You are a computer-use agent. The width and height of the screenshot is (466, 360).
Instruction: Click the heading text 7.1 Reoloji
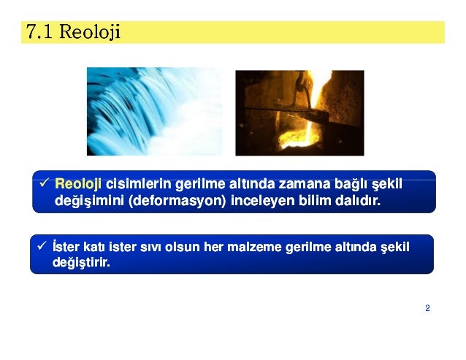[x=72, y=32]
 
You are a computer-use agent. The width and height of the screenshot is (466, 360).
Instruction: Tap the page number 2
[x=427, y=308]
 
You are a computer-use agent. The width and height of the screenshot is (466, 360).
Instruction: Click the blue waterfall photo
[x=154, y=112]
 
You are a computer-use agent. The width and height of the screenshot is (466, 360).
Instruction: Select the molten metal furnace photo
[x=299, y=112]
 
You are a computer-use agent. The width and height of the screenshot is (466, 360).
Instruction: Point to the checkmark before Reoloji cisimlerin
[x=45, y=183]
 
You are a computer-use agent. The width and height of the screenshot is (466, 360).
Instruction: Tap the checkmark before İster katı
[x=42, y=247]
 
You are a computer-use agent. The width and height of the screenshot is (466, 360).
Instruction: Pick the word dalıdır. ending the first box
[x=359, y=199]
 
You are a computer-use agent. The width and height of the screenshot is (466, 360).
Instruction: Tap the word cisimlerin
[x=134, y=183]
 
